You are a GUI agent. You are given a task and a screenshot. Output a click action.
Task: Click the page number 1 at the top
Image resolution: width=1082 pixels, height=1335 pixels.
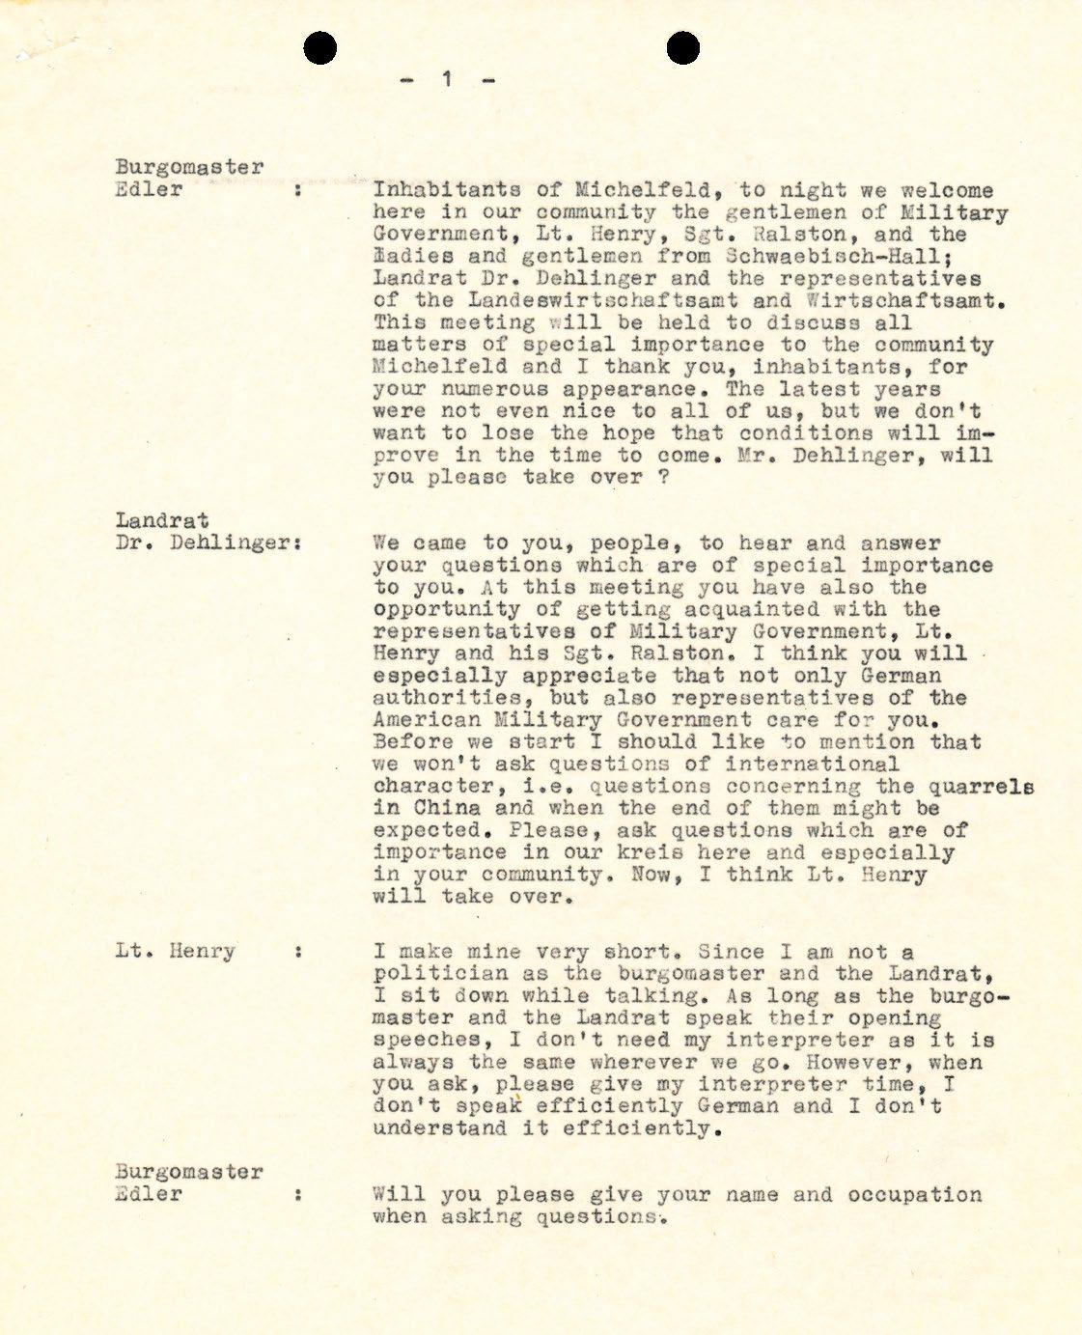(x=447, y=79)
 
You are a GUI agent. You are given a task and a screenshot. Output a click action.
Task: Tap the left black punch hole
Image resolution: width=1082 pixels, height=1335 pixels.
(x=320, y=47)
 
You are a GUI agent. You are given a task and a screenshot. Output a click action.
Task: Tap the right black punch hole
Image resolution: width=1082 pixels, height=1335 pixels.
(x=682, y=47)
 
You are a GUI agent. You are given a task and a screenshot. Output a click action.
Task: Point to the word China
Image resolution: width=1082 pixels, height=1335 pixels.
(x=446, y=808)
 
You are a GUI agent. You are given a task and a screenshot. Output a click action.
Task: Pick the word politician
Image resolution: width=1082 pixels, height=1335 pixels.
(x=447, y=974)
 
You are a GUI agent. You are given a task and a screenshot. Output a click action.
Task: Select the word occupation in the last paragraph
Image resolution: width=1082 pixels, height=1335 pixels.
(x=915, y=1195)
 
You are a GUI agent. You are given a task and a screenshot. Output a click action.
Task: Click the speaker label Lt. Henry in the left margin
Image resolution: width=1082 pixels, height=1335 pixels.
(x=175, y=951)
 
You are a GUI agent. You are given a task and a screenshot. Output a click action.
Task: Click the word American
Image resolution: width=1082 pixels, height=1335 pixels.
(x=426, y=720)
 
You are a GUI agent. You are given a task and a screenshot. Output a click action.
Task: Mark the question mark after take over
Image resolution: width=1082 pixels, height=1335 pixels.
(x=663, y=477)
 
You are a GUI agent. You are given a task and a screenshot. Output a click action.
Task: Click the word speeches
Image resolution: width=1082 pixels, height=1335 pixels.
(x=427, y=1040)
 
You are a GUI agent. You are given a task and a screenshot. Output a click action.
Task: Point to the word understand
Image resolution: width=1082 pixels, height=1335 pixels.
(x=439, y=1128)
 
